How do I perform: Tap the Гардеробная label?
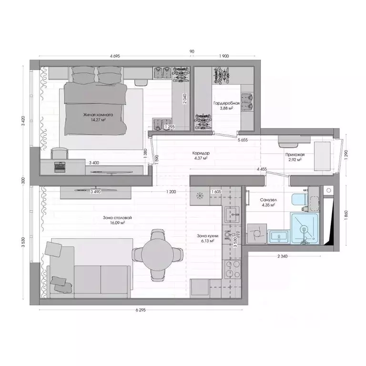tap(223, 102)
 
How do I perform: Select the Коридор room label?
tap(201, 153)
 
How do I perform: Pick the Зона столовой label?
tap(117, 218)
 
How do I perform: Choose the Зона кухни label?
tap(208, 236)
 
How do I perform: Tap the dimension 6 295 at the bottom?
tap(140, 310)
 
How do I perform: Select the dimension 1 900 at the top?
tap(224, 56)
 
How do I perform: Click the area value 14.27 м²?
tap(98, 121)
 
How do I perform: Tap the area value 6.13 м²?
tap(208, 241)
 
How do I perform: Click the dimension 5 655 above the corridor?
tap(245, 141)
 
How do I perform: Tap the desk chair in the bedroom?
tap(59, 153)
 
